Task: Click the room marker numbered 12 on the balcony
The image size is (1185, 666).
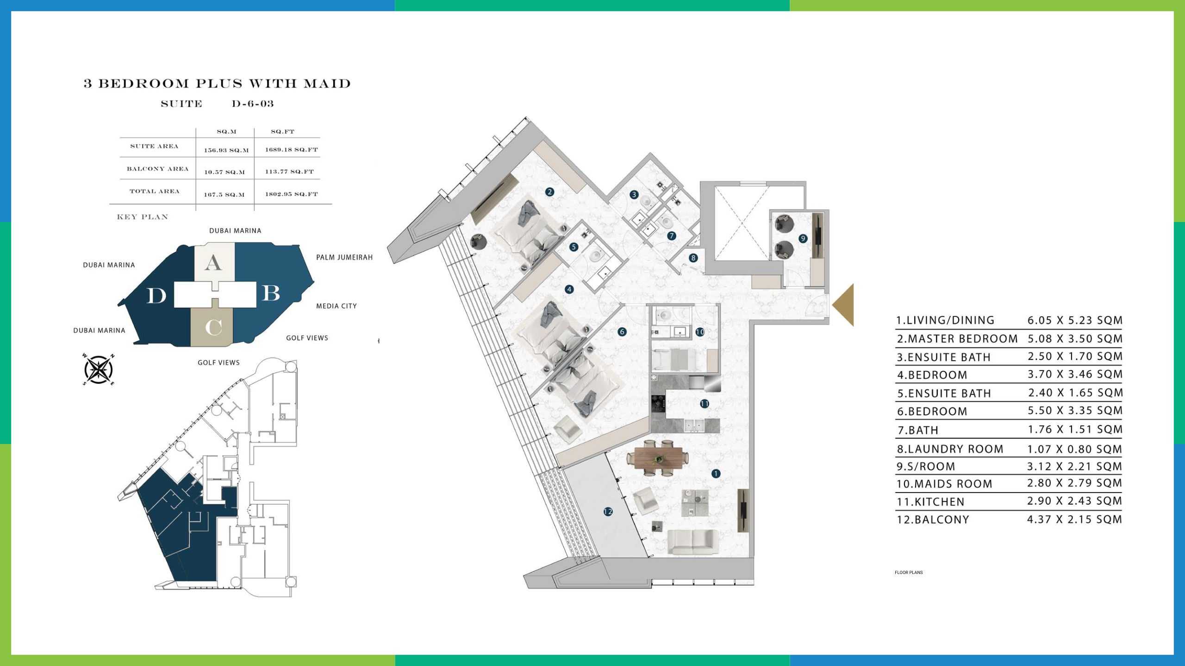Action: [608, 512]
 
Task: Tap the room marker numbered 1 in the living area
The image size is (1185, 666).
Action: [716, 474]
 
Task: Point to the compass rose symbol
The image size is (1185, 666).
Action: [98, 370]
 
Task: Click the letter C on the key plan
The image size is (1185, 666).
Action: [213, 327]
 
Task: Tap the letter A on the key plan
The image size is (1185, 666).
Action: [213, 263]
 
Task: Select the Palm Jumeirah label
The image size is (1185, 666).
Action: [344, 258]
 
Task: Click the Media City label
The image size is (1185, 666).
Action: [337, 306]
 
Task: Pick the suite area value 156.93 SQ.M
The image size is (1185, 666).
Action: [226, 150]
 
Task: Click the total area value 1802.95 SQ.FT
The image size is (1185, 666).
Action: [292, 194]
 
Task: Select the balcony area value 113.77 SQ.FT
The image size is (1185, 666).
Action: [289, 172]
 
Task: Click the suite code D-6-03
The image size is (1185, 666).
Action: [253, 104]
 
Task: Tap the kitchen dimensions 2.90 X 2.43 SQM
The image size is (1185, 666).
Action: [1075, 501]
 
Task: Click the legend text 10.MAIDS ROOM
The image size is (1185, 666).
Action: [944, 484]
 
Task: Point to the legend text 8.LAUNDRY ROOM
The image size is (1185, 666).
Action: [950, 449]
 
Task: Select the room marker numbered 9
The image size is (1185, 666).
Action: [803, 239]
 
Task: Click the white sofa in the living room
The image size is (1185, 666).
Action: [693, 542]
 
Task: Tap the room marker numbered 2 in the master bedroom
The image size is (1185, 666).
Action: [549, 192]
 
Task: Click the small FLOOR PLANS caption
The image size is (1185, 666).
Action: [909, 573]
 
